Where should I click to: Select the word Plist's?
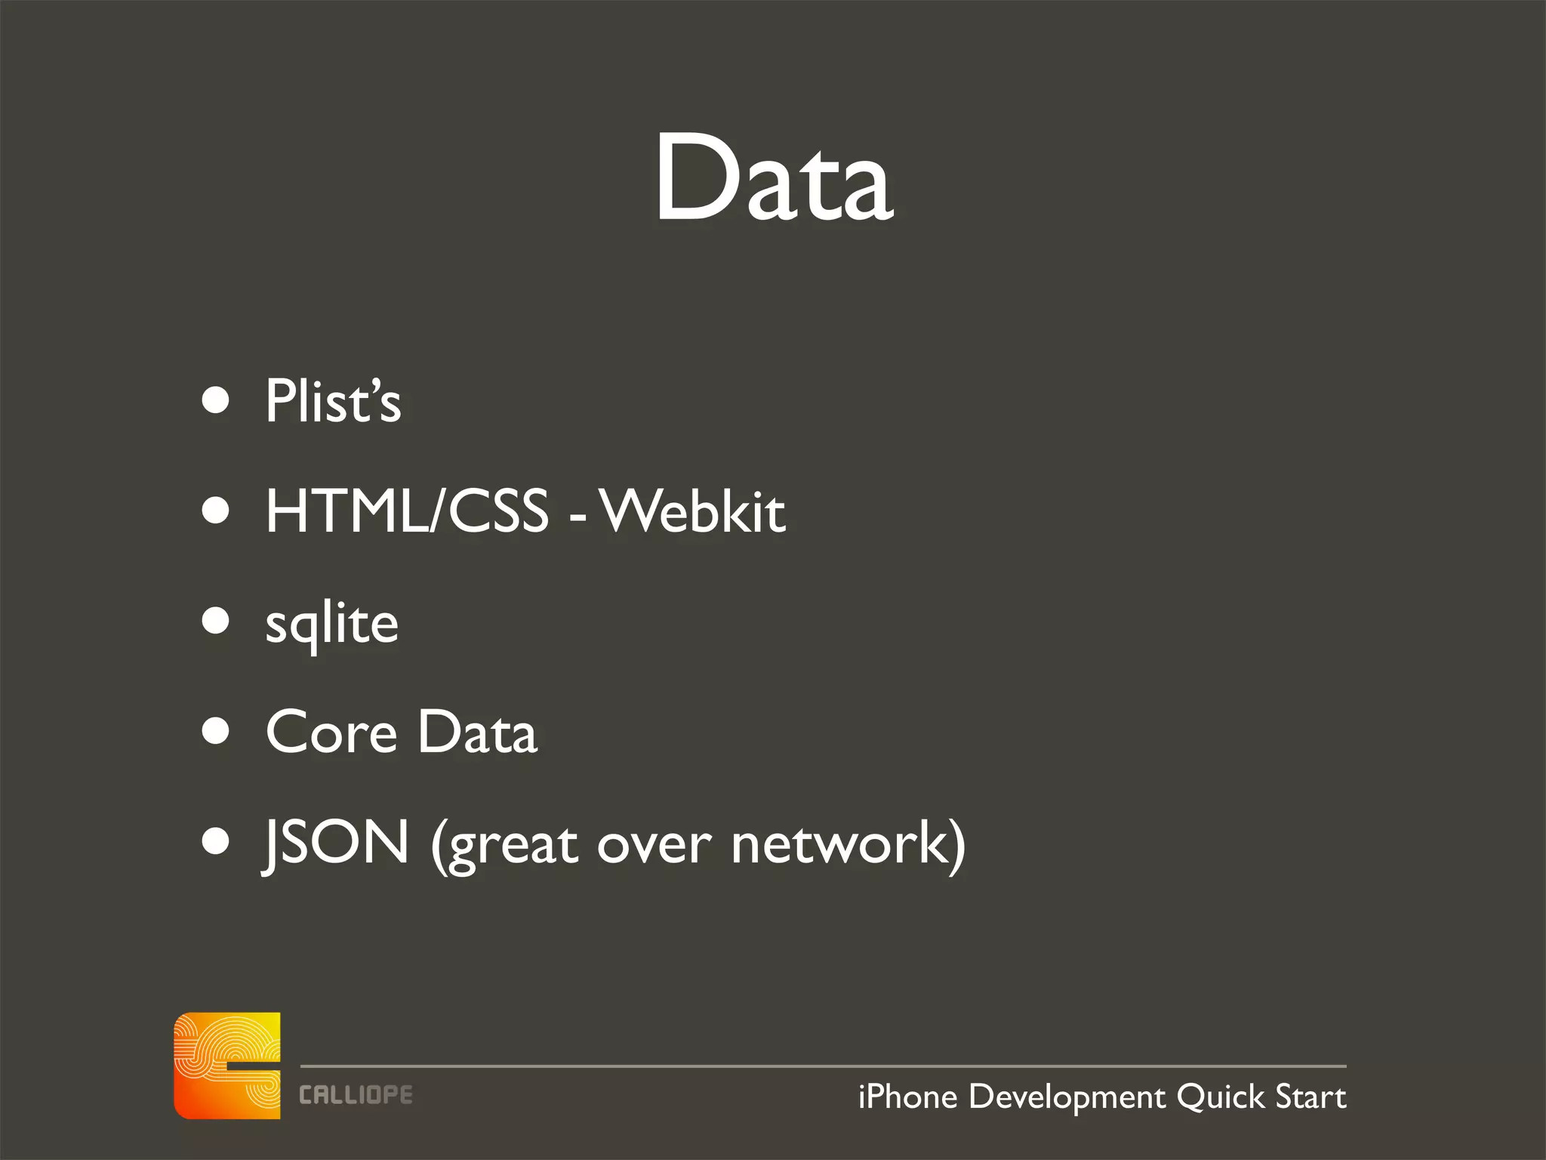(x=333, y=401)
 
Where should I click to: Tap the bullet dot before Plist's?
(x=216, y=400)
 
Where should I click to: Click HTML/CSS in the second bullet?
(x=407, y=511)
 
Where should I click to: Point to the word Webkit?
(x=694, y=511)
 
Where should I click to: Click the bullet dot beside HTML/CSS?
(x=216, y=511)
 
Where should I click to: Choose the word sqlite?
(x=332, y=624)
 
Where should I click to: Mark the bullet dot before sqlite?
(x=216, y=621)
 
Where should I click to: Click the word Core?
(x=331, y=733)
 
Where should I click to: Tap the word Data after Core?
(x=477, y=733)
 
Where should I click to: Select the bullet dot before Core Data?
(x=216, y=731)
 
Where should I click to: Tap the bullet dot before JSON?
(x=216, y=841)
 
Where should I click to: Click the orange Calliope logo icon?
(x=227, y=1066)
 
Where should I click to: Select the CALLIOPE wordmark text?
(x=356, y=1095)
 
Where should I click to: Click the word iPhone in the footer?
(x=907, y=1097)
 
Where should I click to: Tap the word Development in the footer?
(x=1067, y=1097)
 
